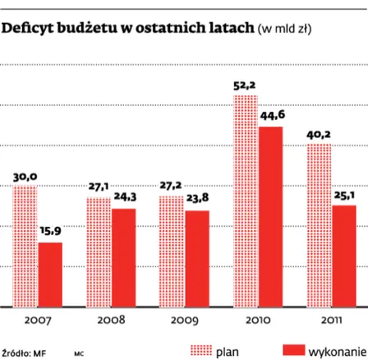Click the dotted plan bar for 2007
point(25,247)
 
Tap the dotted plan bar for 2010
point(246,201)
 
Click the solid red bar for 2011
point(344,256)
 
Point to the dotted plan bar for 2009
point(172,252)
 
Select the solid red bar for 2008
point(123,257)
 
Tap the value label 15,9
point(51,233)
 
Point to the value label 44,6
point(272,116)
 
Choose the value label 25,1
point(344,195)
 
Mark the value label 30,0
point(25,176)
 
